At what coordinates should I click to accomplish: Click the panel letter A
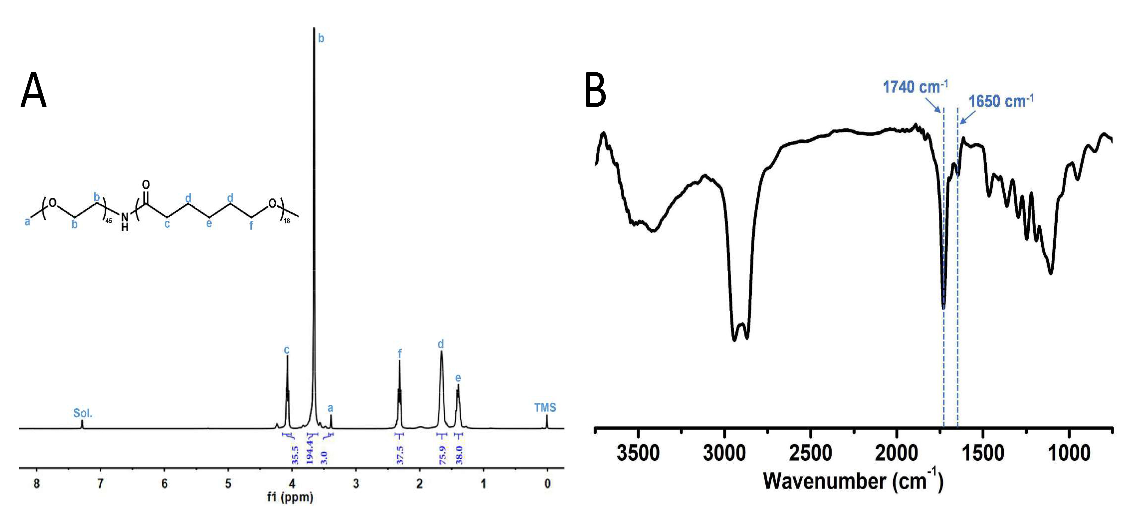point(33,90)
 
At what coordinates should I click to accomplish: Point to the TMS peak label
point(545,408)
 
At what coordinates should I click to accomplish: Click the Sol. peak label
point(83,413)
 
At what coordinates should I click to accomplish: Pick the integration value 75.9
point(442,455)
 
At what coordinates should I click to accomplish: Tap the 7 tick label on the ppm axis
point(100,484)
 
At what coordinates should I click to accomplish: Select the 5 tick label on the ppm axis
point(228,484)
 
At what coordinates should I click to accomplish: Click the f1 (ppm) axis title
point(290,497)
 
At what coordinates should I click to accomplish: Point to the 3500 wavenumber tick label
point(638,453)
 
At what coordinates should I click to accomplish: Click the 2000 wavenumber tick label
point(896,453)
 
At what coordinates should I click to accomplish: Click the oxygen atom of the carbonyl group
point(146,184)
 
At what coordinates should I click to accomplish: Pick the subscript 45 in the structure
point(109,220)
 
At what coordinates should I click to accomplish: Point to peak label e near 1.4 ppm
point(458,378)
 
